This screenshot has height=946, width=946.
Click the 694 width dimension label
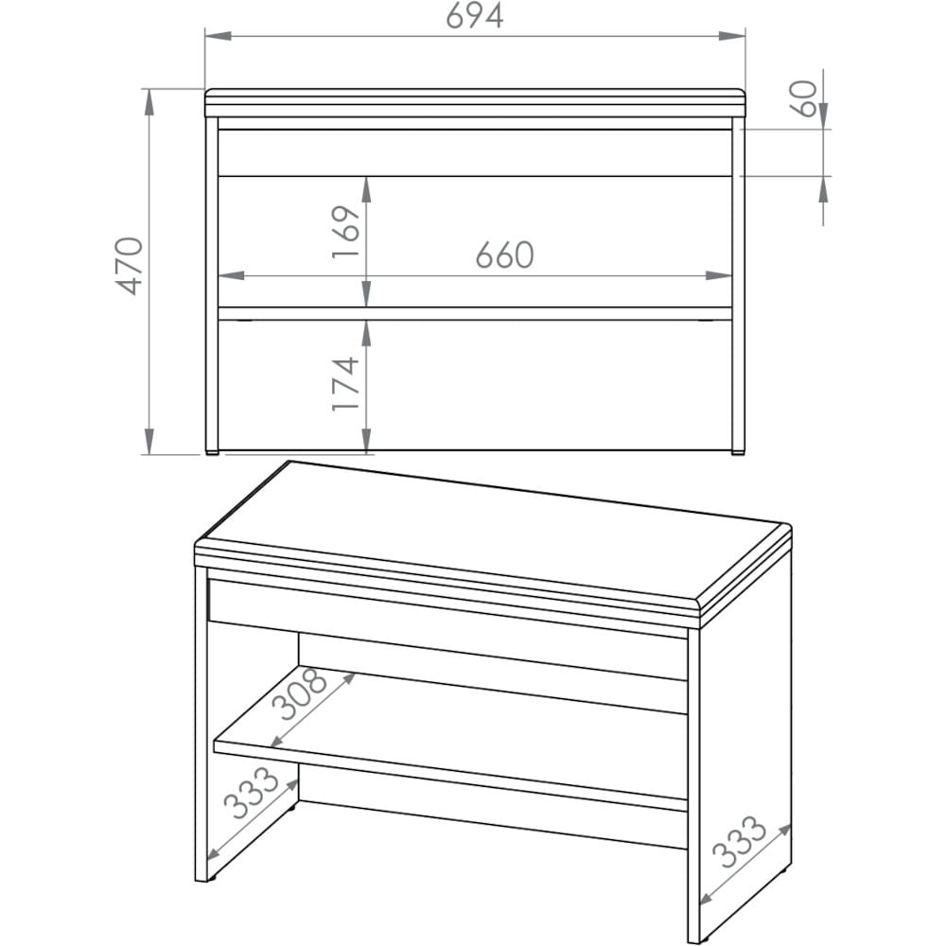(475, 16)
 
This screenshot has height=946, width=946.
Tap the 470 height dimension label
(130, 266)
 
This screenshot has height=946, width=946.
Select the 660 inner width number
(504, 255)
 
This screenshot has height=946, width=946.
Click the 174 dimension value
(346, 384)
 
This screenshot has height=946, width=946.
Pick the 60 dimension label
(803, 99)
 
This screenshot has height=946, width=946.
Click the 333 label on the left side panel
(252, 792)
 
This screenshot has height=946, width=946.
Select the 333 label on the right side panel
(739, 842)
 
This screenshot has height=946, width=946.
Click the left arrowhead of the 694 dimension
(219, 36)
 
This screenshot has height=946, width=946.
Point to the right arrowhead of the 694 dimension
(732, 36)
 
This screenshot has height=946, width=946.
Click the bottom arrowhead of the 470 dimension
(149, 441)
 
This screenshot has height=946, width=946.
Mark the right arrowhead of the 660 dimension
(719, 275)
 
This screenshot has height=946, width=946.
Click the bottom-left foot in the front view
(212, 452)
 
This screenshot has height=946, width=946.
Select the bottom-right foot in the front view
(738, 452)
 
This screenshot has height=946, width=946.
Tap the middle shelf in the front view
(475, 314)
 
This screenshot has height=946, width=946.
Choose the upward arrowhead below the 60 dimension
(824, 189)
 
